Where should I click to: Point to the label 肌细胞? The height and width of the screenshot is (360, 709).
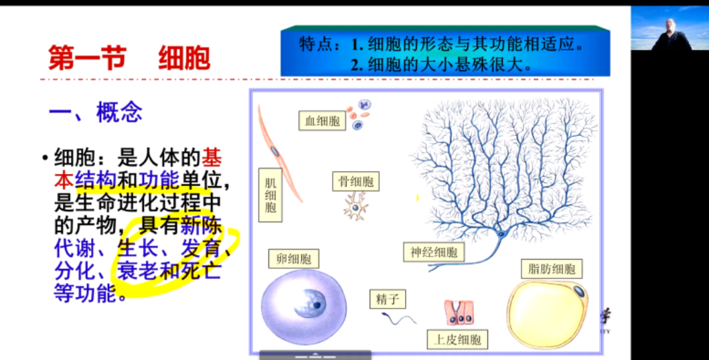[x=270, y=194]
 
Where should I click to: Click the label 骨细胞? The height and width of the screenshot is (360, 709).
[x=356, y=181]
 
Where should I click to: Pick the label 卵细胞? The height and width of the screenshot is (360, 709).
[x=293, y=259]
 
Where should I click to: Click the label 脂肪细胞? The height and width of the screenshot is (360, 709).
[x=551, y=269]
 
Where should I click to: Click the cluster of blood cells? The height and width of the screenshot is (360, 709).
[x=360, y=114]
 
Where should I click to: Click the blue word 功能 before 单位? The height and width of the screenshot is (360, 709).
[x=159, y=180]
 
